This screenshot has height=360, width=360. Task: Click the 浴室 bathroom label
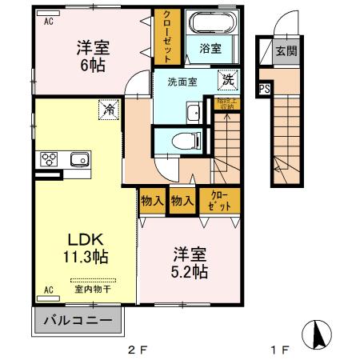click(210, 48)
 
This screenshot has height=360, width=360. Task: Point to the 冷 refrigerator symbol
click(106, 110)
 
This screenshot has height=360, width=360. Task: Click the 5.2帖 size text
click(190, 272)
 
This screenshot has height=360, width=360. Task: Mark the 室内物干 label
click(93, 290)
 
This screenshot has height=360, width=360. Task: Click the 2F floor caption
click(138, 349)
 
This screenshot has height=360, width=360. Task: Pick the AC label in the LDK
click(48, 290)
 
